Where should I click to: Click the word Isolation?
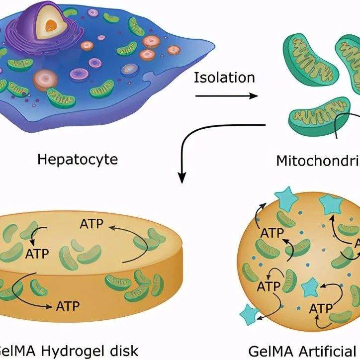(224, 78)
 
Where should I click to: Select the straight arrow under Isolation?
(227, 95)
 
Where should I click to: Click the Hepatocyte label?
(78, 160)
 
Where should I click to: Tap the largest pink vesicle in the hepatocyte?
(45, 78)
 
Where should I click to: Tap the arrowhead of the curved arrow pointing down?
(182, 178)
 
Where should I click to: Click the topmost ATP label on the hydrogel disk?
(92, 224)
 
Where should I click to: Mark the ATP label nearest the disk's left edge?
(37, 254)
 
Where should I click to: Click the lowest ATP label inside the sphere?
(321, 309)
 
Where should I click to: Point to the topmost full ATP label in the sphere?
(272, 232)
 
